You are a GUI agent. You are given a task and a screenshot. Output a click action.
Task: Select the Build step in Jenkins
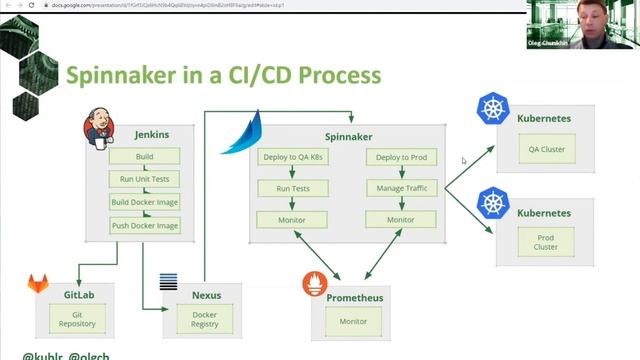tap(144, 157)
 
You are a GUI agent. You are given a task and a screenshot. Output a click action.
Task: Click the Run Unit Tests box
tap(144, 180)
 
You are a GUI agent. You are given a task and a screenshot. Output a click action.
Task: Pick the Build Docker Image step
tap(144, 203)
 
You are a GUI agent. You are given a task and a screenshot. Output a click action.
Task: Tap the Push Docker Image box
tap(144, 226)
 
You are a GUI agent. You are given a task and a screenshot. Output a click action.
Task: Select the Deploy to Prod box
tap(400, 157)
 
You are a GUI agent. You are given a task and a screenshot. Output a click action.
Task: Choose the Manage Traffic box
tap(400, 188)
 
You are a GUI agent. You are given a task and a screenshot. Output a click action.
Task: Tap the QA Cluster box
tap(546, 150)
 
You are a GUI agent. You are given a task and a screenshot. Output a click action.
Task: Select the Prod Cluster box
tap(546, 241)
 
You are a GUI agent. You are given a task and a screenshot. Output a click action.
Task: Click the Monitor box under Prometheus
tap(353, 322)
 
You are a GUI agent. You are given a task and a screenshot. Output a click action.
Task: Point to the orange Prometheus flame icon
tap(316, 284)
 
